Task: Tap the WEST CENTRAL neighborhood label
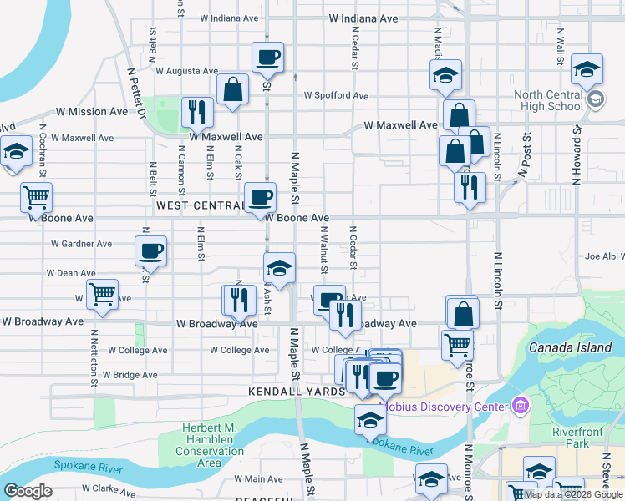pyautogui.click(x=199, y=205)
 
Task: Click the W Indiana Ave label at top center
pyautogui.click(x=363, y=18)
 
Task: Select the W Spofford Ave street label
pyautogui.click(x=336, y=95)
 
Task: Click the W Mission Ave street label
pyautogui.click(x=93, y=111)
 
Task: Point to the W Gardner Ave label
pyautogui.click(x=81, y=244)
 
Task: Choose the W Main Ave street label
pyautogui.click(x=259, y=478)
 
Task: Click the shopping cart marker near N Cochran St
pyautogui.click(x=36, y=198)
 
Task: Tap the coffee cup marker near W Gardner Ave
pyautogui.click(x=151, y=250)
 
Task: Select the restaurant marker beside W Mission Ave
pyautogui.click(x=197, y=111)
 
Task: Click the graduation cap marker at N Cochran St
pyautogui.click(x=15, y=151)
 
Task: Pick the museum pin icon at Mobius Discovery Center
pyautogui.click(x=522, y=407)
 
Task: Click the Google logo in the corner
pyautogui.click(x=28, y=491)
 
